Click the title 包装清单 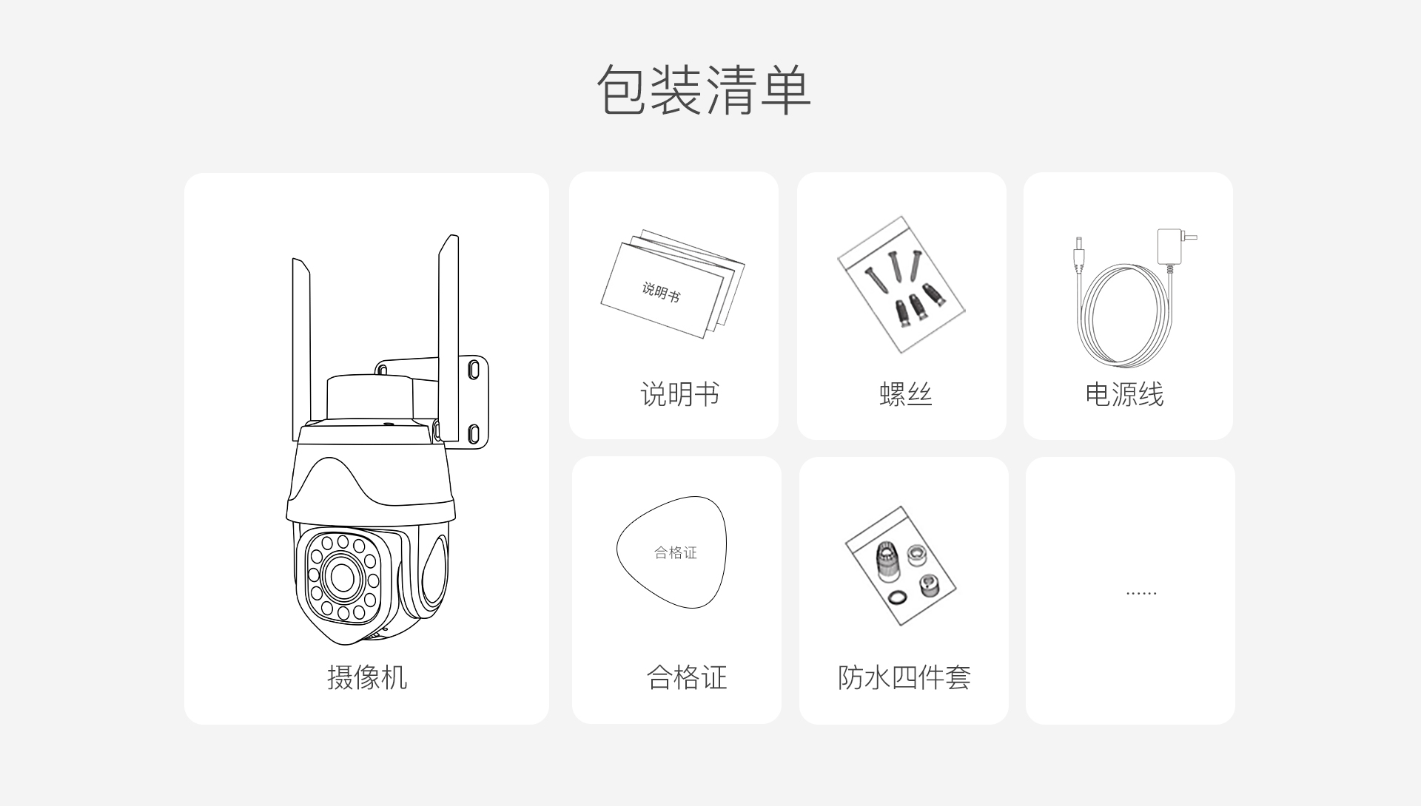[704, 89]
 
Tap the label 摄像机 [367, 677]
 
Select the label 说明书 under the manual [679, 394]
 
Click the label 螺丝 [905, 394]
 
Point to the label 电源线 [1124, 394]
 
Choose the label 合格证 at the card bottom [687, 677]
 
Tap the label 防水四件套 [904, 677]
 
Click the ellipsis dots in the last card [1141, 593]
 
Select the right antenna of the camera [449, 336]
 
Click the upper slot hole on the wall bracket [474, 368]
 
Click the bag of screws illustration [901, 285]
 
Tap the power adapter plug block [1170, 245]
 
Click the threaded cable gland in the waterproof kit [886, 562]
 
